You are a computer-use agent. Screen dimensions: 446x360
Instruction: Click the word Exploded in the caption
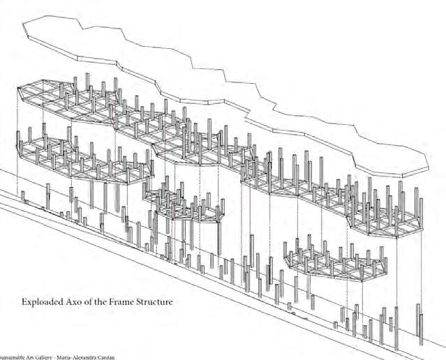coord(43,302)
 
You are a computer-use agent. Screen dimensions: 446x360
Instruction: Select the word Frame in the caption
coord(124,302)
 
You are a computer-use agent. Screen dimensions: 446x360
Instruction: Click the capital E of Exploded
coord(27,302)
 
